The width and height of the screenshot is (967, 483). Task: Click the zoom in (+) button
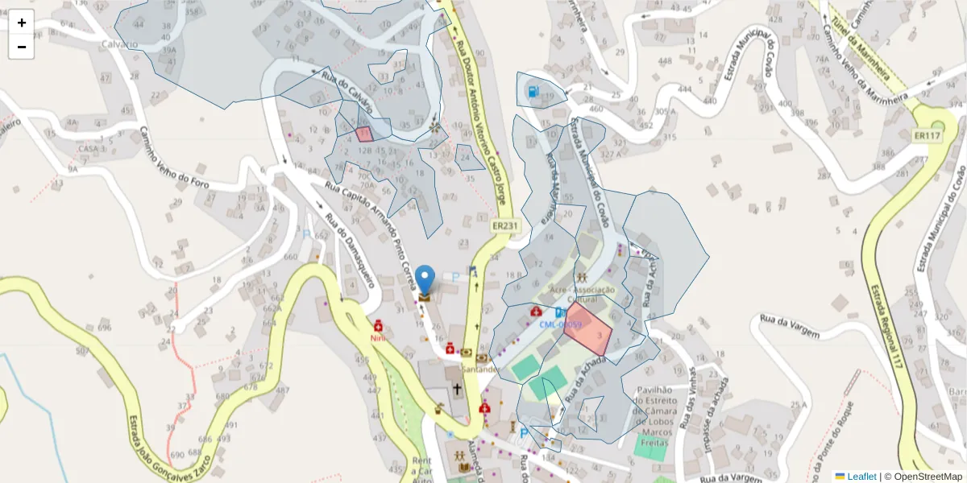(22, 23)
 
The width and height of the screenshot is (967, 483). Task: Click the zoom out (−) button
(22, 47)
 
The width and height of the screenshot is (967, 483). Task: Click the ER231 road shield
(505, 226)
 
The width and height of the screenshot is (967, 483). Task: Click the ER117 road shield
(928, 136)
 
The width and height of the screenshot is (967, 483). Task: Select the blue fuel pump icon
(534, 90)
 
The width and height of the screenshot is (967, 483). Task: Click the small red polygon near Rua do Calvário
(363, 134)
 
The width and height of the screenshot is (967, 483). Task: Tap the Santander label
(481, 369)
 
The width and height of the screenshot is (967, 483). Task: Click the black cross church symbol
(457, 390)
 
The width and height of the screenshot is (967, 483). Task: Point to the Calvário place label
(120, 43)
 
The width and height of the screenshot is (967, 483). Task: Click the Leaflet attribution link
(861, 477)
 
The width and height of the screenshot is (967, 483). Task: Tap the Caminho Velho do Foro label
(174, 159)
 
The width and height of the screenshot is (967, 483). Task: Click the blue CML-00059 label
(561, 324)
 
